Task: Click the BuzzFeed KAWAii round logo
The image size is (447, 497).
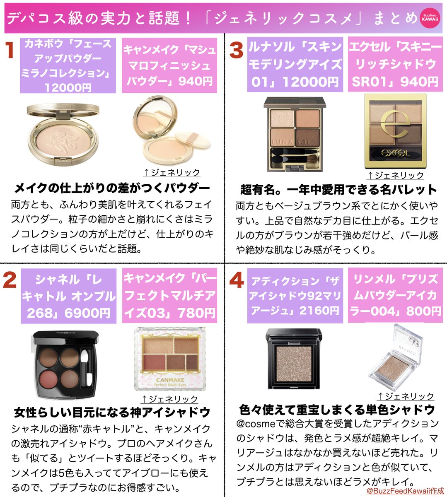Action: tap(430, 18)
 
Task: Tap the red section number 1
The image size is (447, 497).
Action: tap(10, 50)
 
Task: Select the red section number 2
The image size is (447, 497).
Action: tap(10, 280)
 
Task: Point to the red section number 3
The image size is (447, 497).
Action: tap(236, 50)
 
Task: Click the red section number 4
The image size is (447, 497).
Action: tap(237, 281)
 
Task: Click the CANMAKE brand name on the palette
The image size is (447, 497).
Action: tap(170, 380)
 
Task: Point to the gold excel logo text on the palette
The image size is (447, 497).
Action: tap(396, 152)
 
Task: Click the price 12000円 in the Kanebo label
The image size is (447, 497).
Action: tap(68, 87)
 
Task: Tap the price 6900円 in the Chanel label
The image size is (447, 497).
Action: tap(87, 313)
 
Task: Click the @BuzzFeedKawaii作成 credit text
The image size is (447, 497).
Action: tap(405, 490)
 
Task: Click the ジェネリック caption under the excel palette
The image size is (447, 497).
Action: tap(396, 176)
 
